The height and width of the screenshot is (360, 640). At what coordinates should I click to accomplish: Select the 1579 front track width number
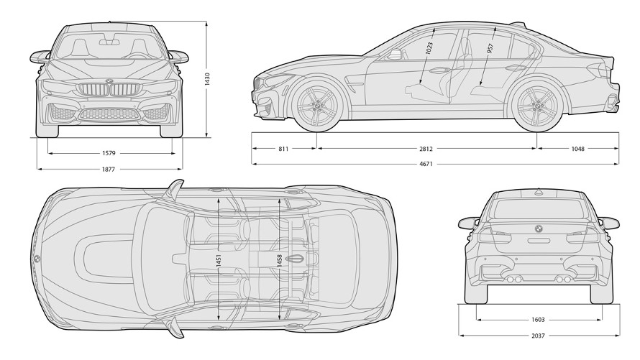109,152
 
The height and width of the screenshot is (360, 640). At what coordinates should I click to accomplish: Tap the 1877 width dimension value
109,170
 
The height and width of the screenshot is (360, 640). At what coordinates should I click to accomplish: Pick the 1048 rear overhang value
577,149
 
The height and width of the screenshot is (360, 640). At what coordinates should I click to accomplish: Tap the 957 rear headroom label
490,49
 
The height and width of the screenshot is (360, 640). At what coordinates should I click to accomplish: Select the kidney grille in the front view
109,91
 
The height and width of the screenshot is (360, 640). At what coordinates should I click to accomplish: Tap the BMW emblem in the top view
36,259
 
